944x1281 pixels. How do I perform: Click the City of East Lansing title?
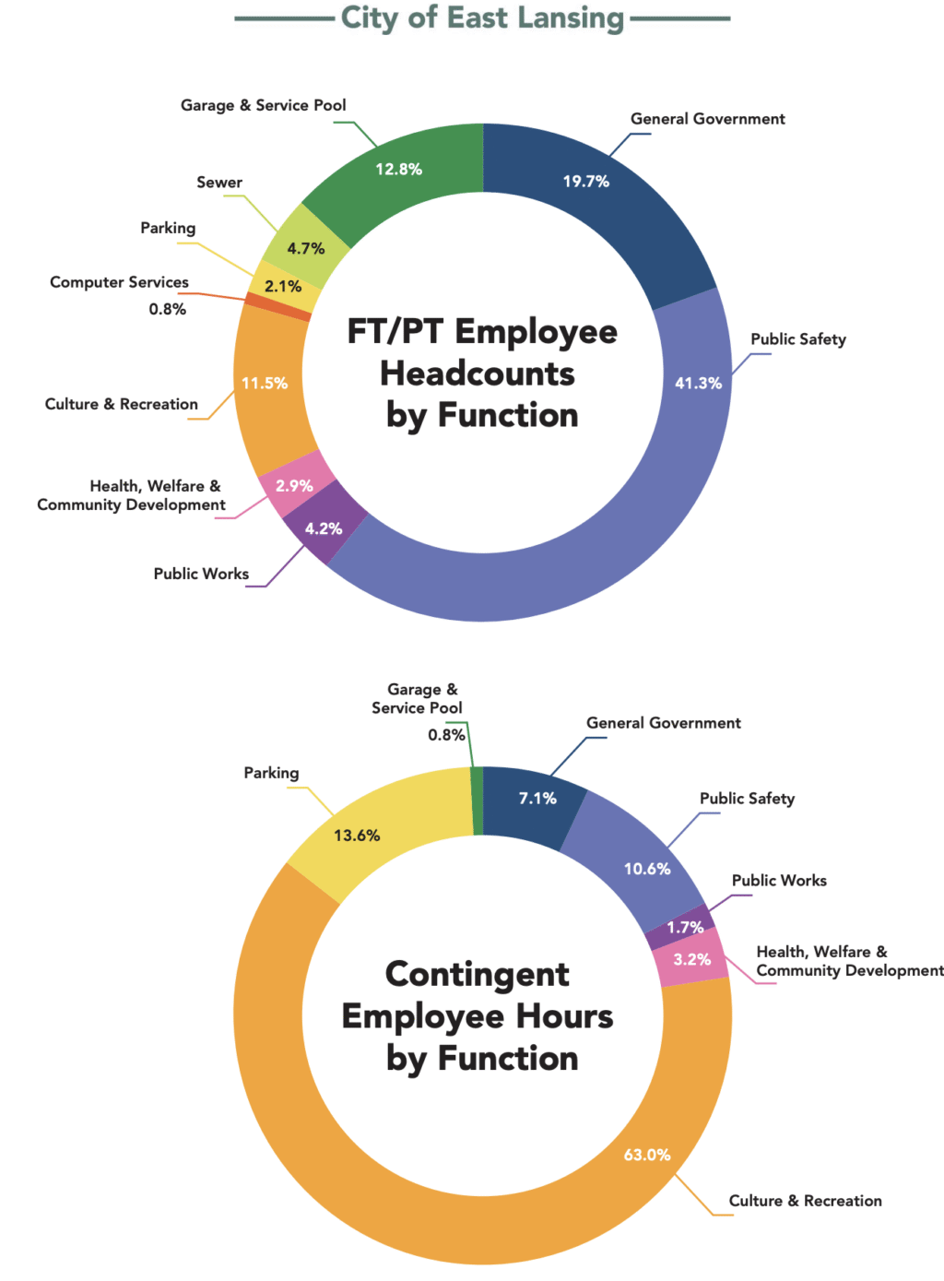click(482, 18)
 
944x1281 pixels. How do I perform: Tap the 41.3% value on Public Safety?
click(698, 383)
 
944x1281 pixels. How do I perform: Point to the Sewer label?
click(219, 183)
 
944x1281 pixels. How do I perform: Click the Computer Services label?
click(119, 282)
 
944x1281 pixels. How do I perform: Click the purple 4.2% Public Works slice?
click(324, 528)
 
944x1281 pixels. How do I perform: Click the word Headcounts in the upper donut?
click(478, 374)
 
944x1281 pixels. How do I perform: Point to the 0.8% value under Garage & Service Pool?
click(446, 735)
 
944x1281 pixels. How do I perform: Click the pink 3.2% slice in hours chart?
click(691, 960)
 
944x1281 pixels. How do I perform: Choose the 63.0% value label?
click(647, 1155)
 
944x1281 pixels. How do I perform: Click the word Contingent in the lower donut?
click(478, 975)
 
